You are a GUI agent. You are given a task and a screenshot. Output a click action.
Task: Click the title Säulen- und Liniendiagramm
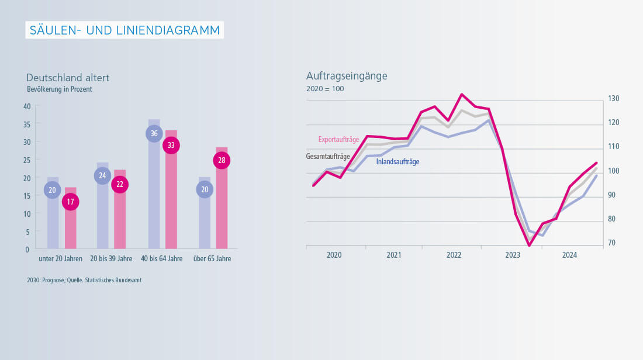[x=125, y=30]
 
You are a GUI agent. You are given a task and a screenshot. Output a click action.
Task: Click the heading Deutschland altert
[x=68, y=78]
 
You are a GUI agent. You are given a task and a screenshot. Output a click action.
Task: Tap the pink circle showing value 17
[x=70, y=202]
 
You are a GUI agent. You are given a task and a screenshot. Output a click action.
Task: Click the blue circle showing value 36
[x=154, y=133]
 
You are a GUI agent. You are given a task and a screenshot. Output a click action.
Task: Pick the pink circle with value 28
[x=222, y=161]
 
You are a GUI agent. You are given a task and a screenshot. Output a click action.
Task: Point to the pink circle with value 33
[x=171, y=146]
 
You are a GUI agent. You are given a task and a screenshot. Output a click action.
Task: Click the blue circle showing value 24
[x=102, y=176]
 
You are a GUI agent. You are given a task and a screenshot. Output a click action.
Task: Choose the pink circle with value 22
[x=119, y=185]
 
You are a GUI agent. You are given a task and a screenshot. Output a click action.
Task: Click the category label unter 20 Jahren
[x=61, y=259]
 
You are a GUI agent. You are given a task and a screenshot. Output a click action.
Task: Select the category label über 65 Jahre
[x=212, y=259]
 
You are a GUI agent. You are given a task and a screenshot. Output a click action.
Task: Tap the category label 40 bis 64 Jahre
[x=162, y=259]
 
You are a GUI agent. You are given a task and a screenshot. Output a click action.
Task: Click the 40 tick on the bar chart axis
[x=27, y=106]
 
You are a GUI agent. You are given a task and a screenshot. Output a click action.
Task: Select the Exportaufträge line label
[x=338, y=140]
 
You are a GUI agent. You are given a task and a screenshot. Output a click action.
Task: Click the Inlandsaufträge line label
[x=397, y=162]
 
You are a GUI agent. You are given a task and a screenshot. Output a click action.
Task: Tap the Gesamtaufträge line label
[x=328, y=157]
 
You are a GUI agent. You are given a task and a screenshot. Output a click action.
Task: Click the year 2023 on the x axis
[x=513, y=255]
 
